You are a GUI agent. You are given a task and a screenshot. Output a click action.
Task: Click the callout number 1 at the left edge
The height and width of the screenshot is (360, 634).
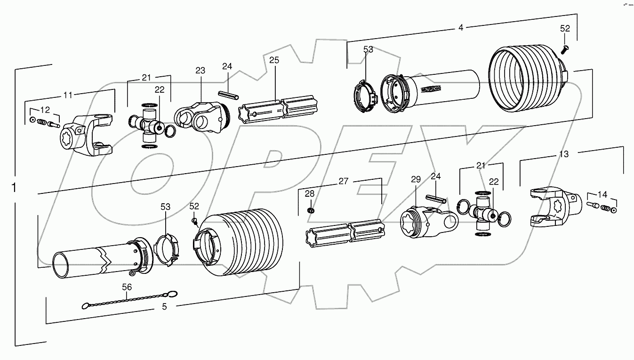click(15, 187)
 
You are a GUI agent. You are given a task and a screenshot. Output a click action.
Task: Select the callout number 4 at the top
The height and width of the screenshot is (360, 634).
click(460, 28)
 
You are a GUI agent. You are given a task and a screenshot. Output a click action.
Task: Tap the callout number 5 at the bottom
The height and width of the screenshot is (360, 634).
click(164, 307)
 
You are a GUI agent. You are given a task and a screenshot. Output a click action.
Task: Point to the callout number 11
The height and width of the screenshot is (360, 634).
click(68, 95)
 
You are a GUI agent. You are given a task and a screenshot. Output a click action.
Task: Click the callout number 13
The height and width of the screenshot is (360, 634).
click(563, 154)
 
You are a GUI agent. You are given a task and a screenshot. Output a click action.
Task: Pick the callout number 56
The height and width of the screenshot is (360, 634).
click(127, 287)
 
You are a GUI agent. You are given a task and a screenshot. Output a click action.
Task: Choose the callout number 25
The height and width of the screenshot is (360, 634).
click(274, 60)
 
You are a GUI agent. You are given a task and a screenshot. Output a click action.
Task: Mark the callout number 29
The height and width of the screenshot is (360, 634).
click(415, 179)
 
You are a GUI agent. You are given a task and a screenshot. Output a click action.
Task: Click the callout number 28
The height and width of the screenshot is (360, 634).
click(309, 193)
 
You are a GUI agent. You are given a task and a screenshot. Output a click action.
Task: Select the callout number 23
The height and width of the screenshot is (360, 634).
click(201, 71)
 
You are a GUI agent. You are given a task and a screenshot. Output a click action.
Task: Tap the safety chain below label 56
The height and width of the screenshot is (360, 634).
click(130, 301)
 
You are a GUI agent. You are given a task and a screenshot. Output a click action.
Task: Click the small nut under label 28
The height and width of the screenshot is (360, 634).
click(310, 210)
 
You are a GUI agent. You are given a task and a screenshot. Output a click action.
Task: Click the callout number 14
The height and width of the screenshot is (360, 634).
click(602, 193)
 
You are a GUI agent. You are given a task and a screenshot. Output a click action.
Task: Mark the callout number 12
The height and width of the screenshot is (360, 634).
click(45, 110)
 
